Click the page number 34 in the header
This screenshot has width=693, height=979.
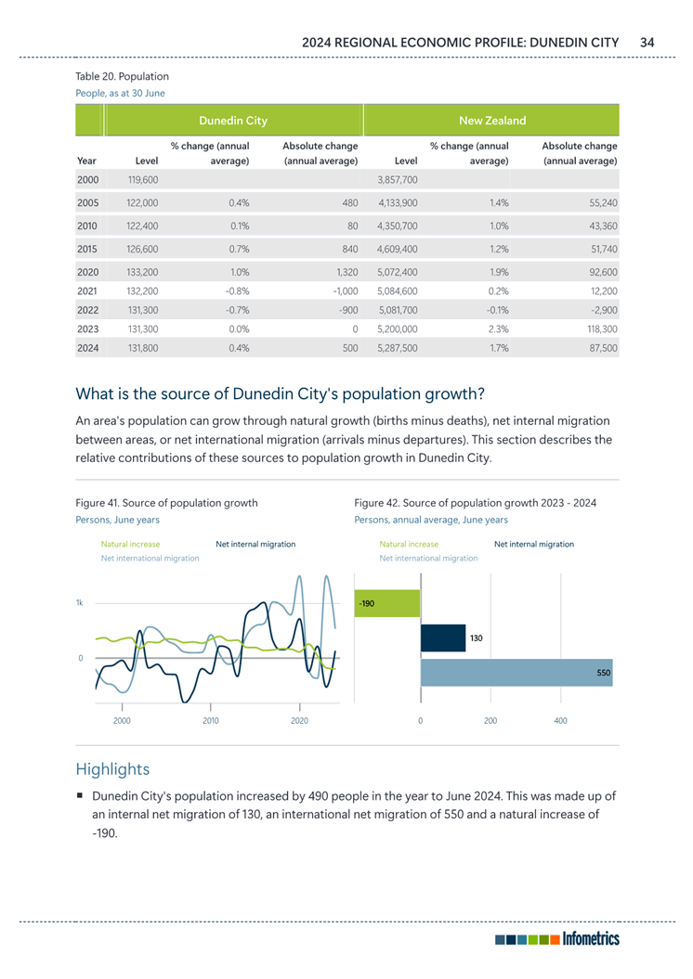(x=647, y=42)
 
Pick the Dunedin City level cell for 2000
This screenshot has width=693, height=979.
(x=142, y=178)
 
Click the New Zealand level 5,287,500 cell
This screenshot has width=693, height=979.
(x=398, y=349)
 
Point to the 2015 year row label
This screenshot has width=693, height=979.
(x=88, y=248)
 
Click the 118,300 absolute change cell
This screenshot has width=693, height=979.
(x=598, y=328)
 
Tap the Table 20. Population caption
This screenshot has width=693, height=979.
(x=122, y=76)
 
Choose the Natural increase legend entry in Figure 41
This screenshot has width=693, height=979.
(x=130, y=544)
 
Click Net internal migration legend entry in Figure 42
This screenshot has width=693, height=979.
(x=533, y=544)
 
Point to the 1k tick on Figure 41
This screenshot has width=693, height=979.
(x=80, y=603)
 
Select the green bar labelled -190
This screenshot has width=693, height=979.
(x=387, y=603)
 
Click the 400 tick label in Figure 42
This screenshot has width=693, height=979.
(x=560, y=720)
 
